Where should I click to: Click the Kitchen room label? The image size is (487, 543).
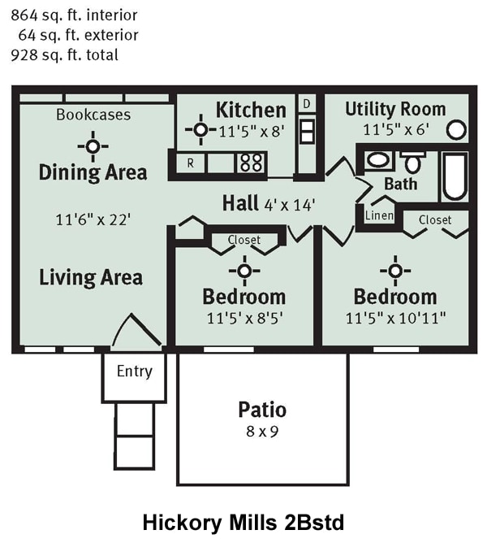tap(251, 110)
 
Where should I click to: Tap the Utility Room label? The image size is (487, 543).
tap(394, 109)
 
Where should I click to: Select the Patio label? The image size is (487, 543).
tap(261, 409)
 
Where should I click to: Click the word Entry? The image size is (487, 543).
tap(134, 371)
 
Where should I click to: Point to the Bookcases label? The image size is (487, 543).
tap(93, 115)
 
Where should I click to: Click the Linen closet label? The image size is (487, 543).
tap(379, 215)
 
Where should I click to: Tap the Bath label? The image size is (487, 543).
tap(400, 184)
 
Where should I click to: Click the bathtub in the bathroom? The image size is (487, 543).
tap(455, 176)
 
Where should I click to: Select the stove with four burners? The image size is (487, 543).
tap(251, 162)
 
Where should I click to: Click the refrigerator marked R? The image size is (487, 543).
tap(191, 163)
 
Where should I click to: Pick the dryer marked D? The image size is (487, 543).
tap(307, 104)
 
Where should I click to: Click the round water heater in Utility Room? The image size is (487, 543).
tap(457, 129)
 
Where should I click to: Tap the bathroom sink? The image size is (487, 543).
tap(377, 159)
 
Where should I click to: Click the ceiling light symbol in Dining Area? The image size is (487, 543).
tap(93, 146)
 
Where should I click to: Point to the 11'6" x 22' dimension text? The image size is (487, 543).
tap(93, 219)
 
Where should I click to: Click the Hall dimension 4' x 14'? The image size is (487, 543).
tap(289, 203)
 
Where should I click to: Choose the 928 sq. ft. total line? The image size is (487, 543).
tap(65, 55)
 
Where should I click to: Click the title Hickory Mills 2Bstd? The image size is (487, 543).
tap(243, 521)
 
